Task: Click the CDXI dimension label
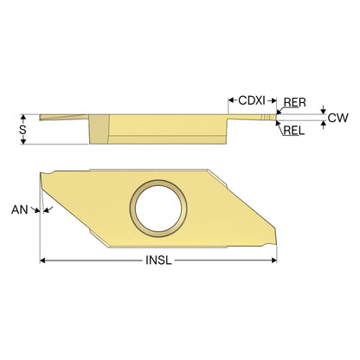coord(252,100)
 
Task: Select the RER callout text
coord(294,102)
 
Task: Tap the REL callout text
coord(294,131)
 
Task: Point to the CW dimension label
coord(338,118)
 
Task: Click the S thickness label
coord(22,130)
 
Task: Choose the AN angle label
coord(20,209)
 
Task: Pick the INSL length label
coord(158,260)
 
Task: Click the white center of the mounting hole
coord(158,209)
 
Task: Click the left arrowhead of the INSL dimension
coord(42,260)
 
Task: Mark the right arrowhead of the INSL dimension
coord(273,260)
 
